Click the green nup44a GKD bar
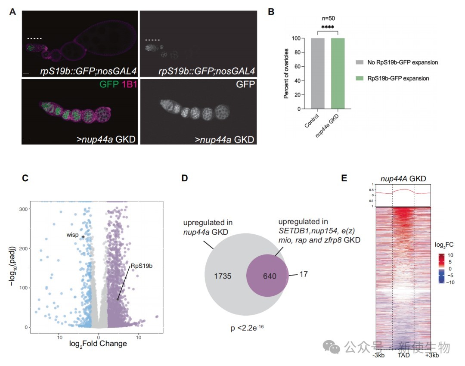pyautogui.click(x=338, y=74)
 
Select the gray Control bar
pyautogui.click(x=319, y=74)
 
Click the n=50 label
pyautogui.click(x=329, y=19)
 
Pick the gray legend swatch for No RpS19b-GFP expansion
pyautogui.click(x=360, y=62)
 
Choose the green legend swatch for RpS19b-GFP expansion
pyautogui.click(x=360, y=78)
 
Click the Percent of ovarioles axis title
pyautogui.click(x=286, y=74)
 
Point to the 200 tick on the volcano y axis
pyautogui.click(x=25, y=248)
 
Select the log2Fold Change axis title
pyautogui.click(x=98, y=344)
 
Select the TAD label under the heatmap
pyautogui.click(x=404, y=356)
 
